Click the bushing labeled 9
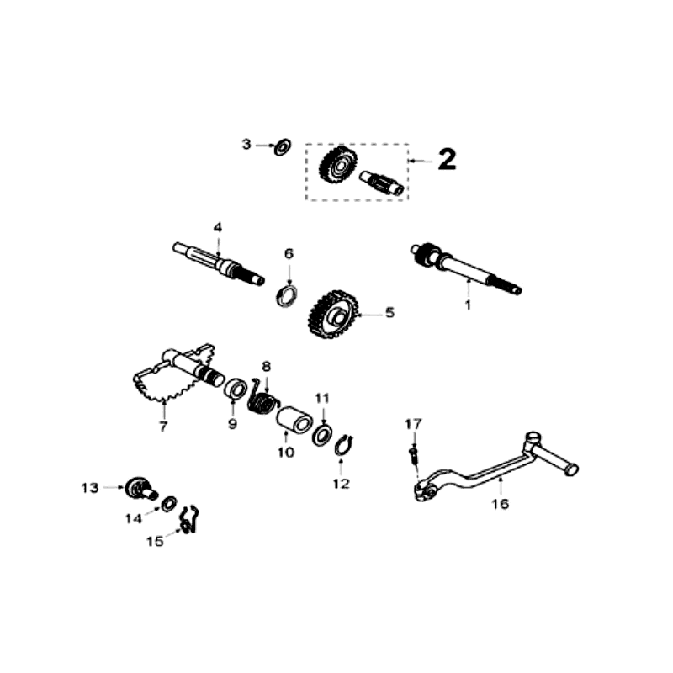[x=235, y=389]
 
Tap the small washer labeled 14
[x=167, y=504]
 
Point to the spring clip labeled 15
[x=189, y=521]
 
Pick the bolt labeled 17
[x=413, y=455]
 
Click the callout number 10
[x=285, y=453]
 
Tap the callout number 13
[x=90, y=487]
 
